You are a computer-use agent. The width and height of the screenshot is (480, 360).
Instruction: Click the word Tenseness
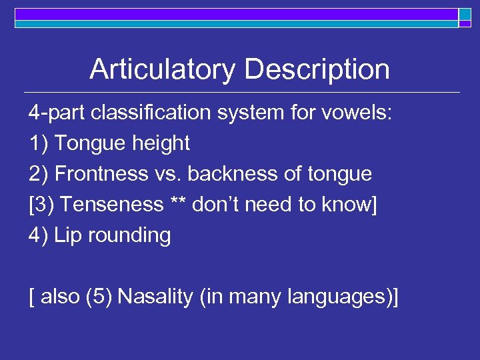(x=113, y=205)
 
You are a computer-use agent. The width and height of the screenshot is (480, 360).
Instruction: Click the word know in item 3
(x=351, y=205)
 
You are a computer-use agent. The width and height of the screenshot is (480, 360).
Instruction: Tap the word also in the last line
(x=61, y=297)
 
